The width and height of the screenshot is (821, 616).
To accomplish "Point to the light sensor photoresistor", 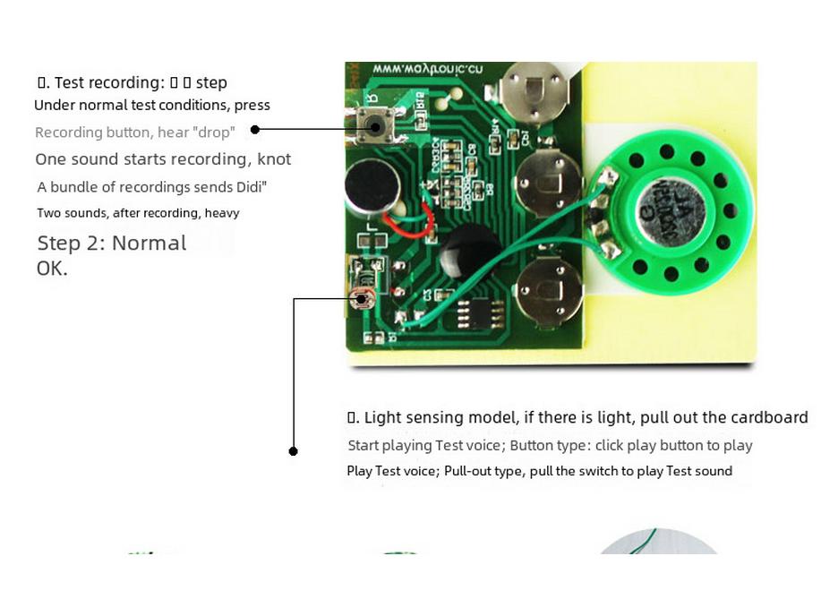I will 362,298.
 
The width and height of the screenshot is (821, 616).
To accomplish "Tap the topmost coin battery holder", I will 532,93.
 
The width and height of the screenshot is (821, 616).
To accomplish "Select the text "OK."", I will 52,269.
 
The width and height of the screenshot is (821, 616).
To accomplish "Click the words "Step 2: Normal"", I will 111,244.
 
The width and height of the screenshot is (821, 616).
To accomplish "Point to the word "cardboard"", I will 769,417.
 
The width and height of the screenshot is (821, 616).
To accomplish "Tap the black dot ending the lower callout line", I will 293,451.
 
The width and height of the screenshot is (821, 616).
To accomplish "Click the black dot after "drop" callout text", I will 255,130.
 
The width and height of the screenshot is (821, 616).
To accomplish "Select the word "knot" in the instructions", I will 274,159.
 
